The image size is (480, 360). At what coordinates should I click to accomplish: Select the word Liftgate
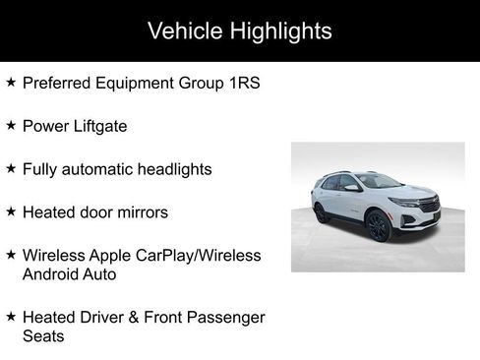pyautogui.click(x=94, y=126)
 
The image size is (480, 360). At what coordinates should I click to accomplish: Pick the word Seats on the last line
pyautogui.click(x=43, y=335)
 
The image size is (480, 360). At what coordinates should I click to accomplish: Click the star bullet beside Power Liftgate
pyautogui.click(x=11, y=125)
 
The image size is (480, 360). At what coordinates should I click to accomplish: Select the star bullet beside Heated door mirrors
pyautogui.click(x=11, y=210)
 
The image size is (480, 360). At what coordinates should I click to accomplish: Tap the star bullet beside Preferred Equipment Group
pyautogui.click(x=11, y=83)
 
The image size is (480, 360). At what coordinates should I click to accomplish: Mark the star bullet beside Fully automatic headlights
pyautogui.click(x=11, y=168)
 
